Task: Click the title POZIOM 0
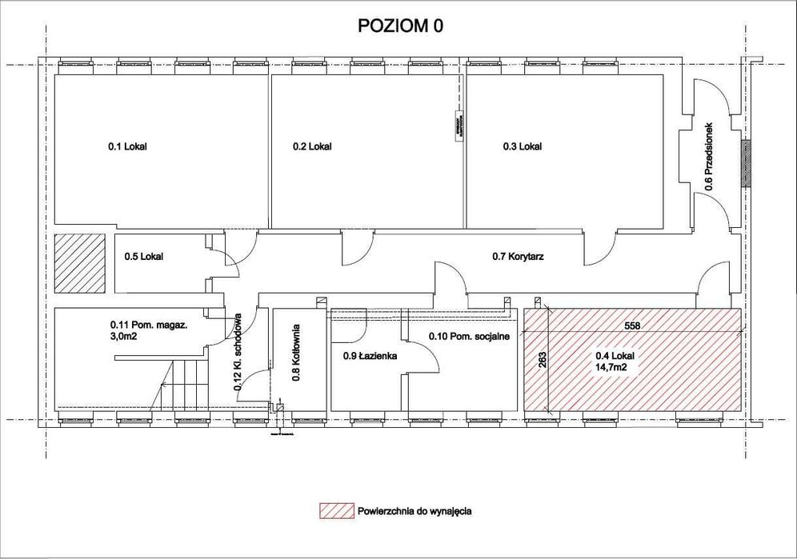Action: [399, 26]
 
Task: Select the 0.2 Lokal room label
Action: [311, 146]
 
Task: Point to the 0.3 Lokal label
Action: [522, 146]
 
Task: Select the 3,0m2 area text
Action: [124, 337]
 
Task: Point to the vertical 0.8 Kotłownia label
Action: [295, 353]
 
